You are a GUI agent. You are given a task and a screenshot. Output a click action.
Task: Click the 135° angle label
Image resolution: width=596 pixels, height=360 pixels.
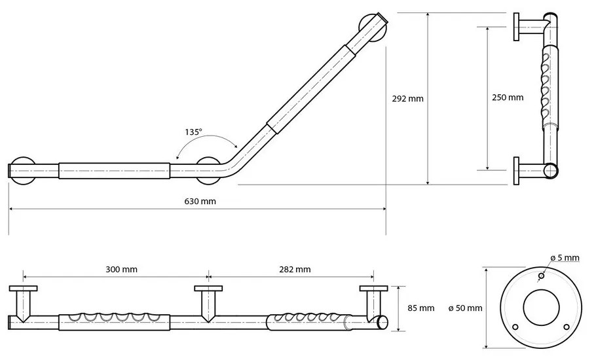pos(193,132)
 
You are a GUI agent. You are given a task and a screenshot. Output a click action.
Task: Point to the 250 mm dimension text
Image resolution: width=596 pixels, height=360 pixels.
pos(508,98)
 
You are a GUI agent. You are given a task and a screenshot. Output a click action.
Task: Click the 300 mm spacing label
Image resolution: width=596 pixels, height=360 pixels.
pos(121,269)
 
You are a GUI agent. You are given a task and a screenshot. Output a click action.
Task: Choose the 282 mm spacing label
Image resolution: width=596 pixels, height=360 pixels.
pos(295,269)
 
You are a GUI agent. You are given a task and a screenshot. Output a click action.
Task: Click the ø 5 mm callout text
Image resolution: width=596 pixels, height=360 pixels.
pos(564,259)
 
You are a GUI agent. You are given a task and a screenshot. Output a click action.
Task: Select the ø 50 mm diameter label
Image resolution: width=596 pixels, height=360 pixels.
pos(466,308)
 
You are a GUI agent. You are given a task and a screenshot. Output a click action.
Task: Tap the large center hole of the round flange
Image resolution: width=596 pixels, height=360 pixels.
pos(540,307)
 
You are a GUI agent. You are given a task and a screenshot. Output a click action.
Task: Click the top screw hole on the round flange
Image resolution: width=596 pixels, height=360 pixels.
pos(541,276)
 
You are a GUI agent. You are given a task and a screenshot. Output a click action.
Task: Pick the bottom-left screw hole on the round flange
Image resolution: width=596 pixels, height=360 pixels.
pos(514,325)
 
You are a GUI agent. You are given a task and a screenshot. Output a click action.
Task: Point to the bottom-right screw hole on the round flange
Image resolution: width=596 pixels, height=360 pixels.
pos(567,325)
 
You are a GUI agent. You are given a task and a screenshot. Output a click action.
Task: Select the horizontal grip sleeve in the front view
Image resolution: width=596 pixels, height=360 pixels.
pos(115,170)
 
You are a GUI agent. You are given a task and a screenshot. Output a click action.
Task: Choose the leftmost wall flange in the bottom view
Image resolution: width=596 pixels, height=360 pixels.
pos(24,289)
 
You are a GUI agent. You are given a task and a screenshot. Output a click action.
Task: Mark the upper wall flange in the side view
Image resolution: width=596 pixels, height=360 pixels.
pos(517,27)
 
